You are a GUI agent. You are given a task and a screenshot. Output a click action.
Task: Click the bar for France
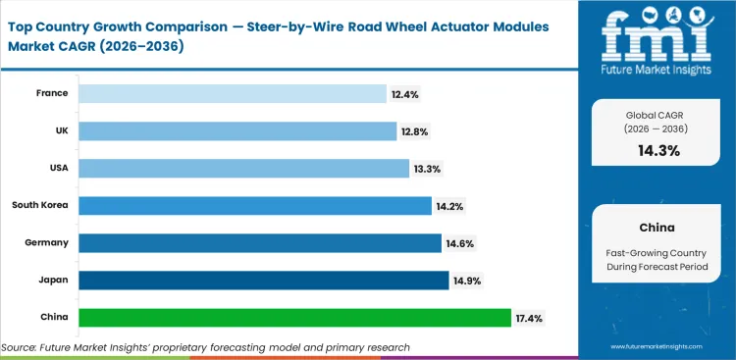233,93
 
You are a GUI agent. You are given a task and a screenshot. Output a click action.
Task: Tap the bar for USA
243,168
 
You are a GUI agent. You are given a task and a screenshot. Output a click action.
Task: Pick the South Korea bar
255,205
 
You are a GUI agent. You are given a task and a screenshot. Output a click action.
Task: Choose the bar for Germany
260,242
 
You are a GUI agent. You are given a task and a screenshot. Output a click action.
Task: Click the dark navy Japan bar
264,281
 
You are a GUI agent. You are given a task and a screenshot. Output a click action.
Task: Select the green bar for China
295,318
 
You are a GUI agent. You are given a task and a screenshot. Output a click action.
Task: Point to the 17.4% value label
530,318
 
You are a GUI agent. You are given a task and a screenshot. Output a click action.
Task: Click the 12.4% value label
405,93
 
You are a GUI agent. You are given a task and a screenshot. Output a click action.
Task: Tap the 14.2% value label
450,205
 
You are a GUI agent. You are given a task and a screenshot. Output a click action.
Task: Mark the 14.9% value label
466,281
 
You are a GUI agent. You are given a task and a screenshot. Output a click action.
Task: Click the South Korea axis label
39,205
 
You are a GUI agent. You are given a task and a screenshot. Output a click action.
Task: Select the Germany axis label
46,242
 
